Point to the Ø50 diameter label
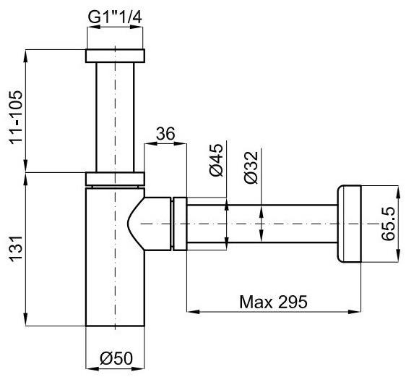115,360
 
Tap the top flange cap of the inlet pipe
116,55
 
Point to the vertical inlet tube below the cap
116,116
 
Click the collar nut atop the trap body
116,178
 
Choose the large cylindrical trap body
108,275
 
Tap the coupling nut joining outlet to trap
179,225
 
